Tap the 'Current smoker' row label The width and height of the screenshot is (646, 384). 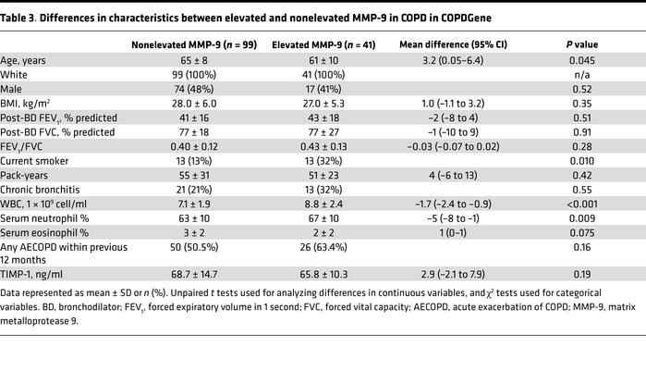click(42, 166)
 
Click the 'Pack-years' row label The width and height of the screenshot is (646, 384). click(32, 180)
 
